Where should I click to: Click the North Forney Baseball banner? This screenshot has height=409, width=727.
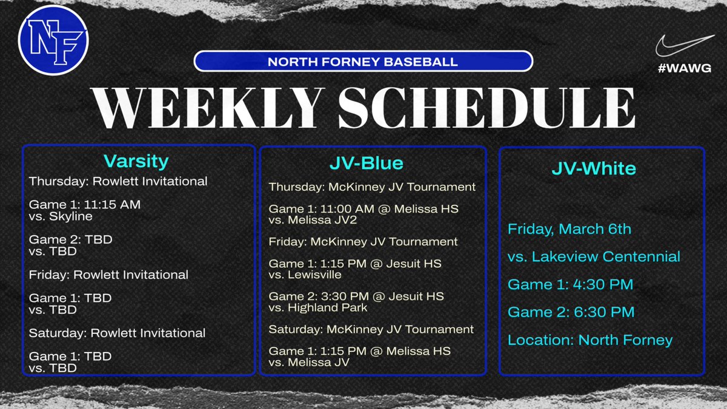coord(363,62)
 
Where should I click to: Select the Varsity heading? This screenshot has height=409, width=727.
coord(136,161)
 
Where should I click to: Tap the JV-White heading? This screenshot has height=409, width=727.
coord(594,167)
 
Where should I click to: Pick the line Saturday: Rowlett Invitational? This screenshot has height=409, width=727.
coord(117,333)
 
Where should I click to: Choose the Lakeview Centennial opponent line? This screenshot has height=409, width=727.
coord(594,256)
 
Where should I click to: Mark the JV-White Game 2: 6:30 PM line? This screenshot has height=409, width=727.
coord(571,312)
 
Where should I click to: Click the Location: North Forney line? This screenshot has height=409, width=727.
coord(590,339)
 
